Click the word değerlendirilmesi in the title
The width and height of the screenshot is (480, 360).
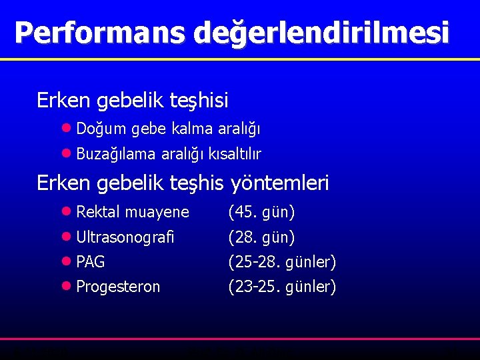(x=321, y=33)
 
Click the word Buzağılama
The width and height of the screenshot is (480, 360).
(x=117, y=155)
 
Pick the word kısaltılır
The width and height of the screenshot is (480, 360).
(x=235, y=155)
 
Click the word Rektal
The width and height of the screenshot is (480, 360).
(x=98, y=213)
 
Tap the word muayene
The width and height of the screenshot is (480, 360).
(x=157, y=213)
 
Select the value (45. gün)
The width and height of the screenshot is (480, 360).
(x=261, y=213)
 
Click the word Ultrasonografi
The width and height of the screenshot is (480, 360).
(x=125, y=237)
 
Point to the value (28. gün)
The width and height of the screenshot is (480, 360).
(x=261, y=237)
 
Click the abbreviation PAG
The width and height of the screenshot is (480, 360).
(x=91, y=262)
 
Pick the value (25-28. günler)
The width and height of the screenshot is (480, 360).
(x=282, y=262)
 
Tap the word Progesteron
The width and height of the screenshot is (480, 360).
(x=118, y=287)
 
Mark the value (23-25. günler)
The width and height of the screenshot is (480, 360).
(x=282, y=287)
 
